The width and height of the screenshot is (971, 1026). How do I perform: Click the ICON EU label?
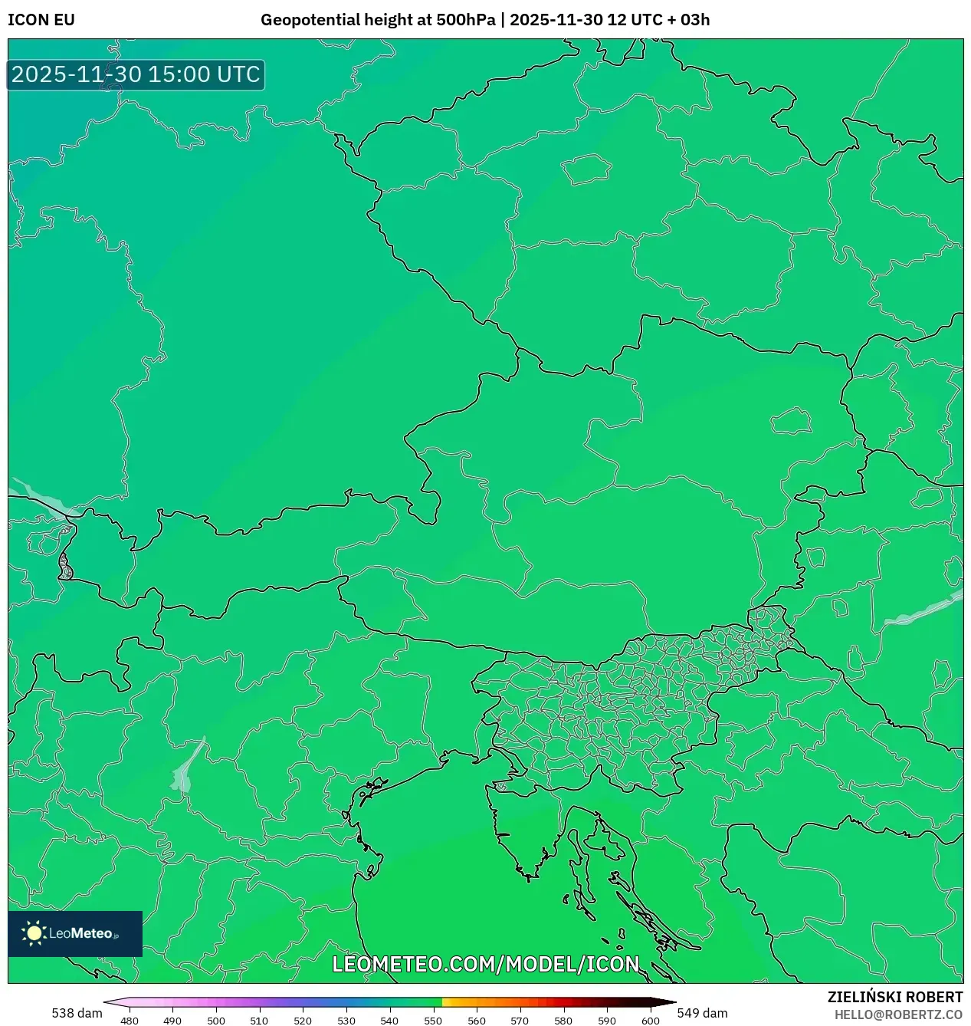tap(41, 20)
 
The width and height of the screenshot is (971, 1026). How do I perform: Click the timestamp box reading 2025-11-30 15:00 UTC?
tap(136, 74)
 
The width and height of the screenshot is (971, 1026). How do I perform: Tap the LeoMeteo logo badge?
tap(75, 933)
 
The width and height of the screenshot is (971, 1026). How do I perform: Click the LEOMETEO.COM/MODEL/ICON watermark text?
tap(485, 964)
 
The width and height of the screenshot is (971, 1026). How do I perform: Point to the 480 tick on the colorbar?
tap(130, 1020)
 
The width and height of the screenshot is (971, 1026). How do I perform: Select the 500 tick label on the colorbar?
tap(216, 1020)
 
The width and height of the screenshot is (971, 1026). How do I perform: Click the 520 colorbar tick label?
tap(303, 1020)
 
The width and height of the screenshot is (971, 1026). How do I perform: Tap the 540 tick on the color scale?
tap(389, 1020)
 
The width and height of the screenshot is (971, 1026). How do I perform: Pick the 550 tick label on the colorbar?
tap(433, 1020)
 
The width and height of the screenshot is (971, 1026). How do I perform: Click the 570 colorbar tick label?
tap(520, 1020)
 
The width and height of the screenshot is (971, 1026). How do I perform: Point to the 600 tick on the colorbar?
tap(650, 1020)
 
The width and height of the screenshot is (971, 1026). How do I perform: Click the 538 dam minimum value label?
tap(77, 1013)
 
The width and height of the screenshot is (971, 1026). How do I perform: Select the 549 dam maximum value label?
tap(702, 1013)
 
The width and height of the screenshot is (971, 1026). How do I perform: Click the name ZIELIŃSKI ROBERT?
tap(894, 997)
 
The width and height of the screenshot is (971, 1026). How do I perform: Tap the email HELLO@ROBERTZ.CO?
tap(898, 1014)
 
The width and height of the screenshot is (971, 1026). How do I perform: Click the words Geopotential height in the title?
tap(336, 20)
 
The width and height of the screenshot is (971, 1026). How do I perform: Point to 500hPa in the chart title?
tap(466, 20)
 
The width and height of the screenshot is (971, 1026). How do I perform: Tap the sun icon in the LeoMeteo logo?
tap(34, 933)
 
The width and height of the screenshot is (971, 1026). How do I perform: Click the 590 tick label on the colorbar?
tap(606, 1020)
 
